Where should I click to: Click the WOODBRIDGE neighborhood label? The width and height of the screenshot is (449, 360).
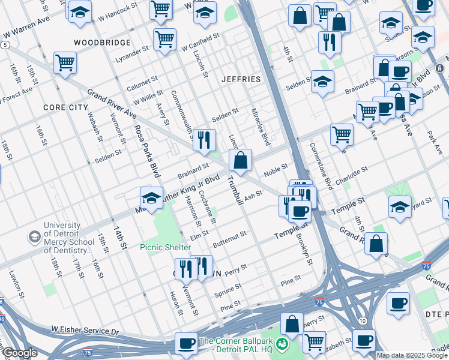click(102, 43)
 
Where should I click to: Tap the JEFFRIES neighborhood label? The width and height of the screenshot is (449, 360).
click(241, 79)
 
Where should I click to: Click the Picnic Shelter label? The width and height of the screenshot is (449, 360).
click(166, 247)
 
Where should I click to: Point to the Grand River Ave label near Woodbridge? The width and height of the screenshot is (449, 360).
click(112, 104)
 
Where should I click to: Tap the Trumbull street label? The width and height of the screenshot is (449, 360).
click(235, 190)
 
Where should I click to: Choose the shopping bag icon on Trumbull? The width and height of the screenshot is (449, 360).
click(240, 160)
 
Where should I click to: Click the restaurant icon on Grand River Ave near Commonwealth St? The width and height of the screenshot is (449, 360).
click(204, 140)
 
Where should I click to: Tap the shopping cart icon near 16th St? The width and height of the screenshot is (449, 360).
click(65, 62)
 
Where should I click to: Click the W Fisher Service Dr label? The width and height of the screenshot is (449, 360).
click(85, 331)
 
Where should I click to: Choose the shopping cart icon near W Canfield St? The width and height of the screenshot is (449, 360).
click(164, 40)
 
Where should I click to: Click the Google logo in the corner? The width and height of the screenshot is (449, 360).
click(20, 353)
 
